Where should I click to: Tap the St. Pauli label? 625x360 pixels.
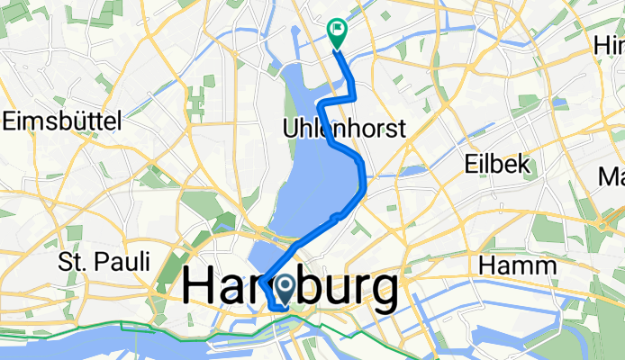pyautogui.click(x=104, y=262)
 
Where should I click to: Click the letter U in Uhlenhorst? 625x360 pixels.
pyautogui.click(x=290, y=129)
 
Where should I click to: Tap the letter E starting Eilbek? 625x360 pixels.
pyautogui.click(x=468, y=164)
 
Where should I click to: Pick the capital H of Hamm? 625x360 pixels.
pyautogui.click(x=489, y=265)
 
